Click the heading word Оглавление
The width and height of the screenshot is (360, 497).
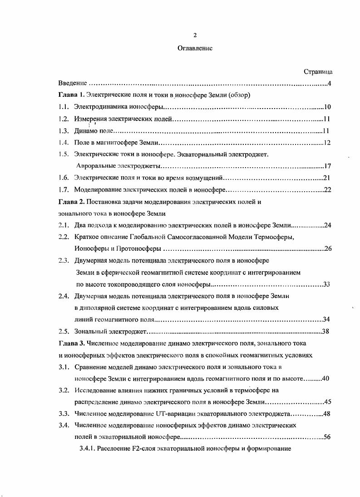pyautogui.click(x=195, y=48)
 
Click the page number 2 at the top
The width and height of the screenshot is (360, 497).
pyautogui.click(x=195, y=35)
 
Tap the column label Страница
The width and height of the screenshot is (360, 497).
pyautogui.click(x=318, y=72)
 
